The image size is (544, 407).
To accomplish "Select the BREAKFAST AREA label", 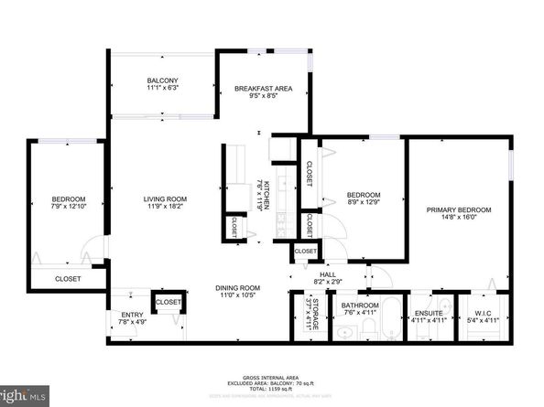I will click(263, 89).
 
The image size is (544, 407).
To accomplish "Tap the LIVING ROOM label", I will click(165, 199).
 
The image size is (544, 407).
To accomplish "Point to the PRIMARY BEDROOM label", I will click(459, 210).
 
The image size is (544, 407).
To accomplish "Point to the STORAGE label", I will click(314, 314).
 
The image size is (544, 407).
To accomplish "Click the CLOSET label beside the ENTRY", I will click(169, 302).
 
